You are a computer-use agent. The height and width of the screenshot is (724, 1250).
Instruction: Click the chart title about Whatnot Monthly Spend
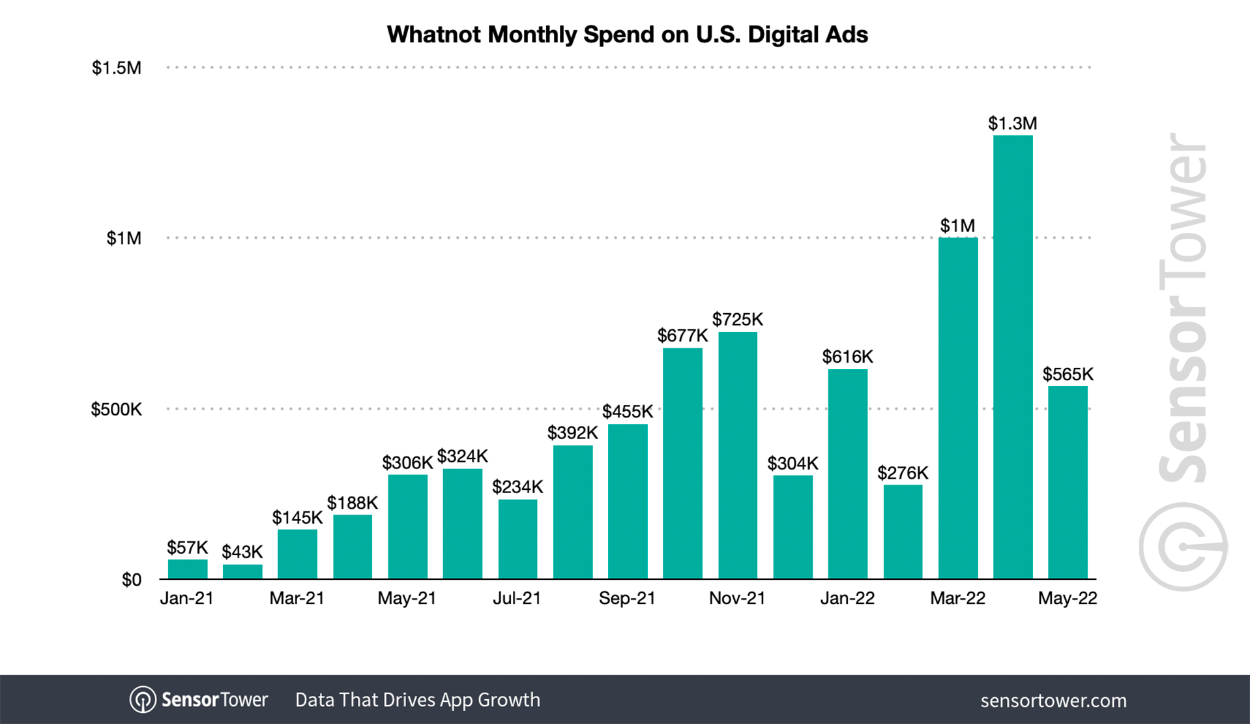[627, 35]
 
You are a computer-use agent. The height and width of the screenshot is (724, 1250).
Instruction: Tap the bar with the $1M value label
[958, 408]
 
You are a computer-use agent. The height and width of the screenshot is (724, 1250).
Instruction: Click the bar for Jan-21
[188, 569]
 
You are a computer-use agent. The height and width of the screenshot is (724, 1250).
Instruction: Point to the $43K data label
[242, 552]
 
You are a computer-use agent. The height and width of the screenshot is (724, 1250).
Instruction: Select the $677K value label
[682, 336]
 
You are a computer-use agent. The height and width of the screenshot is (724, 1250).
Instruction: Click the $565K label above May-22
[1068, 374]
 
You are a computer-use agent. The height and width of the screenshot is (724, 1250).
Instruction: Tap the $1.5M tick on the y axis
[117, 68]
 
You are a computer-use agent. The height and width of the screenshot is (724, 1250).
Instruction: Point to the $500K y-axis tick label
[116, 410]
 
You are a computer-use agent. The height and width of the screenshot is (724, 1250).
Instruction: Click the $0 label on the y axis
[132, 580]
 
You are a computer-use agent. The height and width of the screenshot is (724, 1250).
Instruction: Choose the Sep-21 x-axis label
[627, 599]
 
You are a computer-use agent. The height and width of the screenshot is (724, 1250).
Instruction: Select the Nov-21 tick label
[737, 599]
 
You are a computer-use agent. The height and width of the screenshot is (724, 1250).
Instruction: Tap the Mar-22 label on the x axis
[957, 599]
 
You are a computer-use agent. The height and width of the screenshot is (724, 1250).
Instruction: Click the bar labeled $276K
[903, 532]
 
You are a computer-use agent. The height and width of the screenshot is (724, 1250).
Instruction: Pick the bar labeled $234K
[517, 539]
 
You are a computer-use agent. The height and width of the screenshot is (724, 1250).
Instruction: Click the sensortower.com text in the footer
[1053, 701]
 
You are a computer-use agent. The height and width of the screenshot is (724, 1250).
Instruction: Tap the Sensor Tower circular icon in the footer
[143, 700]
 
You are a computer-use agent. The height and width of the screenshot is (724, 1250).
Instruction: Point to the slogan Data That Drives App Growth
[417, 700]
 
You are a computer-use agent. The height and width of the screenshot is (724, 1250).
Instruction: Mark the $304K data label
[792, 464]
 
